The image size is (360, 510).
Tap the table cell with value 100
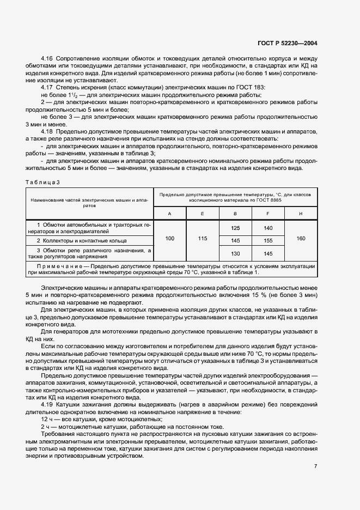tap(169, 238)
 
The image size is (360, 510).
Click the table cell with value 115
tap(202, 238)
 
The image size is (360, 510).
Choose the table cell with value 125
tap(235, 228)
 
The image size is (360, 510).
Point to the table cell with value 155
tap(268, 240)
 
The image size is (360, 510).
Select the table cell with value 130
tap(235, 253)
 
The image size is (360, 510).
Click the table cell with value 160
tap(301, 238)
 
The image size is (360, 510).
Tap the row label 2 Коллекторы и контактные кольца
tap(82, 240)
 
